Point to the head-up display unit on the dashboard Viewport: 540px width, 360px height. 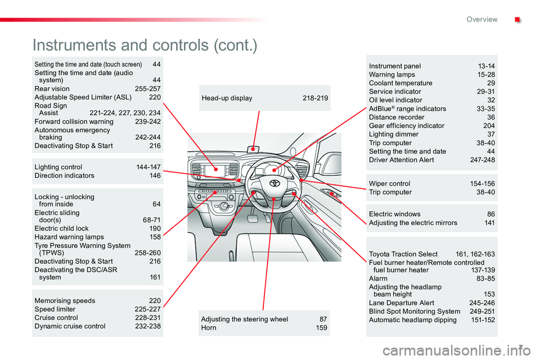point(254,148)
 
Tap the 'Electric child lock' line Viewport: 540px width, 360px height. point(61,229)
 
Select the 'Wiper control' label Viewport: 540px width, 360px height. point(389,183)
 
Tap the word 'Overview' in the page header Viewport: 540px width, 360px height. point(481,19)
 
